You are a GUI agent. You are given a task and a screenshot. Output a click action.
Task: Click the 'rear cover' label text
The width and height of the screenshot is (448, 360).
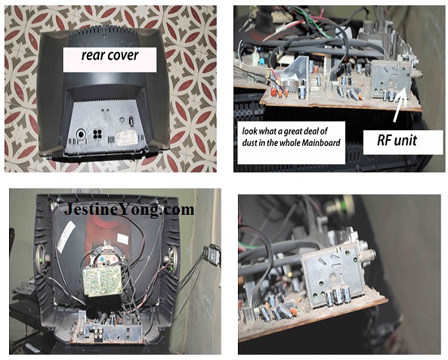(110, 55)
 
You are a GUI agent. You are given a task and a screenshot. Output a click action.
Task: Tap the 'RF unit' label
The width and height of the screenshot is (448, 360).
(397, 140)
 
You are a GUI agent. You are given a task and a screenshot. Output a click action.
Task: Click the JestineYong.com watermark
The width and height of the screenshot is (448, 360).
(129, 209)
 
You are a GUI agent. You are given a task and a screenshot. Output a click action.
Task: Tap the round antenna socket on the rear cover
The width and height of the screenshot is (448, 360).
(81, 134)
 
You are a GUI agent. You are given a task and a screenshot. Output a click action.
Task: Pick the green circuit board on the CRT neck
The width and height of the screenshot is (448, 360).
(102, 281)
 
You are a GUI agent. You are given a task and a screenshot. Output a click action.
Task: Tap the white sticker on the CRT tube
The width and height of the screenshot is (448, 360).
(66, 237)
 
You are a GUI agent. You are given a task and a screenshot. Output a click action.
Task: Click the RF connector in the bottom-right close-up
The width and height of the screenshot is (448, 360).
(369, 255)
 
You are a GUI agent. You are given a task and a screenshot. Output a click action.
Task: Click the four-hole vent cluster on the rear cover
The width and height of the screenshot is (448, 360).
(97, 134)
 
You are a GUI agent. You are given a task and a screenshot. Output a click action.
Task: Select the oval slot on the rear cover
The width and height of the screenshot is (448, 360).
(131, 121)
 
